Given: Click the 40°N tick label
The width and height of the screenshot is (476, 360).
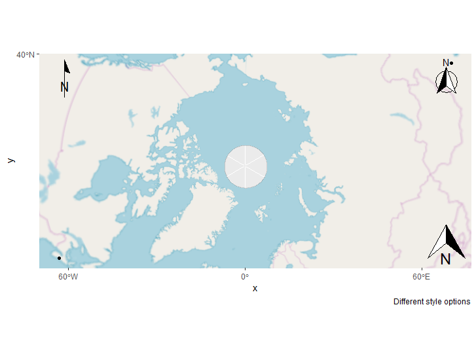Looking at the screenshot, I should click(x=25, y=54).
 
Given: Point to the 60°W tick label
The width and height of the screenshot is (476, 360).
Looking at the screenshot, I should click(x=68, y=277).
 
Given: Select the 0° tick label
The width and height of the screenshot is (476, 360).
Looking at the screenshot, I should click(x=245, y=277).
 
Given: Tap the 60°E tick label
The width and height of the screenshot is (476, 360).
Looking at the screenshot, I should click(x=422, y=277).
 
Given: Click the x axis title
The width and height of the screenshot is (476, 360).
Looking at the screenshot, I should click(x=255, y=289).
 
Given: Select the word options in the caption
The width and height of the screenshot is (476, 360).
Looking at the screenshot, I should click(x=456, y=302).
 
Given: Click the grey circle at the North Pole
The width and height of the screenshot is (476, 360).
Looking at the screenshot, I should click(x=246, y=167).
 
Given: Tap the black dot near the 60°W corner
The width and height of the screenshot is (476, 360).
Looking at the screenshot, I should click(x=59, y=258).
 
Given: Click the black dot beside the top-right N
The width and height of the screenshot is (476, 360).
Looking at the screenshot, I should click(x=452, y=63).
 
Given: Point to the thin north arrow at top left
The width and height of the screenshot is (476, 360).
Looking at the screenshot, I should click(x=65, y=70).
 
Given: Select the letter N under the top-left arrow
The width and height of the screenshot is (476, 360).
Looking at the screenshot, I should click(x=64, y=87).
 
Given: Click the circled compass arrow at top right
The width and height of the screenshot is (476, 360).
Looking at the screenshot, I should click(x=447, y=82).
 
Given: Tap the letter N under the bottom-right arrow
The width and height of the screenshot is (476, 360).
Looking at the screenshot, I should click(x=446, y=259).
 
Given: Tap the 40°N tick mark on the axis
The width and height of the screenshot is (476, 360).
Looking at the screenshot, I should click(x=37, y=54).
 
